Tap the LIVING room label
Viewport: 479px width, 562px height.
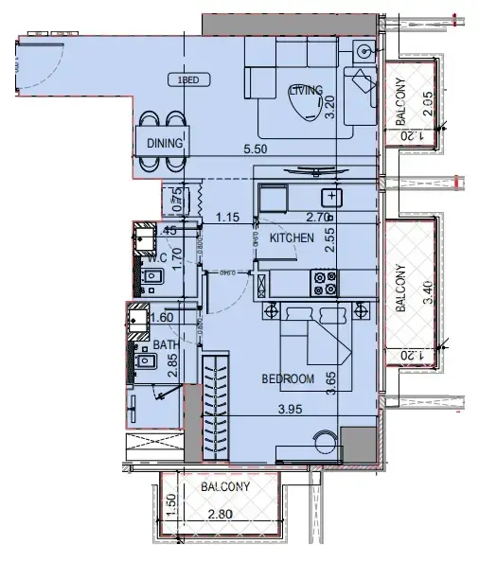pyautogui.click(x=306, y=90)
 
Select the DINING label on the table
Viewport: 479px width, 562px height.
pyautogui.click(x=165, y=143)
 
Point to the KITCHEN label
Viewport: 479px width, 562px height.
pyautogui.click(x=293, y=238)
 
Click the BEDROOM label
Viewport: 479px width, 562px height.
pyautogui.click(x=288, y=378)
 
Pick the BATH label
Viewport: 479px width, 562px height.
pyautogui.click(x=165, y=346)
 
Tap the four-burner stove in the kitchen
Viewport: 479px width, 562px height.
pyautogui.click(x=324, y=280)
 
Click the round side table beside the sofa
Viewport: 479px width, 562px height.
pyautogui.click(x=364, y=50)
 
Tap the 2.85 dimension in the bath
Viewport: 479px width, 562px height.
pyautogui.click(x=173, y=365)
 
